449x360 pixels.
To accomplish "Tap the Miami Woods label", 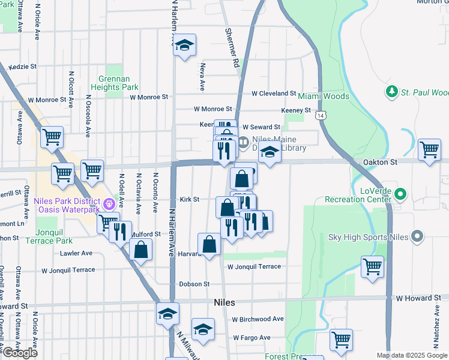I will click(x=324, y=96).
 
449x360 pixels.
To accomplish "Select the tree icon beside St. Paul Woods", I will click(x=392, y=91).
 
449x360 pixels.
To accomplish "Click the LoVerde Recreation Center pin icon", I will click(x=402, y=194).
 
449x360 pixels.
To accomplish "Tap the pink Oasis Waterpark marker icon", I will click(x=109, y=204).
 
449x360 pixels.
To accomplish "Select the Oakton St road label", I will click(x=381, y=162).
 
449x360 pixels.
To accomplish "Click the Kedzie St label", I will click(x=22, y=67).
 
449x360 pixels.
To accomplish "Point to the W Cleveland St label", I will click(x=274, y=94).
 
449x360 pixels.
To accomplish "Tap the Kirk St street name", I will click(x=189, y=199).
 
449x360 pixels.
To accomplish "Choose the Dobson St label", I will click(x=194, y=284).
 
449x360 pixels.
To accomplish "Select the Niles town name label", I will click(x=224, y=303).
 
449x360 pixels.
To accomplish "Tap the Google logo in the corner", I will click(x=20, y=353).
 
